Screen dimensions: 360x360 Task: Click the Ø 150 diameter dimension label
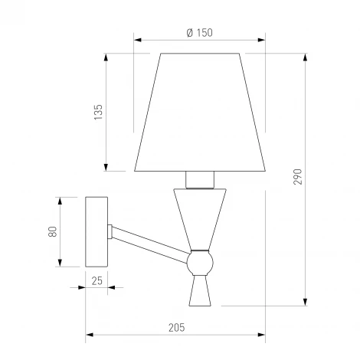(x=199, y=33)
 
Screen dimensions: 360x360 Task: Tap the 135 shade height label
(x=98, y=112)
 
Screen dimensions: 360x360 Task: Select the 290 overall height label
(x=297, y=177)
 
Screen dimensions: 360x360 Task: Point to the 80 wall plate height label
(x=53, y=231)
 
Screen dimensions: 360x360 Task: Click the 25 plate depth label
(x=97, y=281)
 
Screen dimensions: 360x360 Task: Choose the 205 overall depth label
(x=176, y=328)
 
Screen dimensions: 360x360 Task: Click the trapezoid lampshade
(x=200, y=112)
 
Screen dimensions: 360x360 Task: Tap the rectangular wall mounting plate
(x=97, y=232)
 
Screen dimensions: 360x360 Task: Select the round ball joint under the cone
(x=200, y=263)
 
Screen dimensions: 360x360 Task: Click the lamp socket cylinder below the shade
(x=200, y=180)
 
